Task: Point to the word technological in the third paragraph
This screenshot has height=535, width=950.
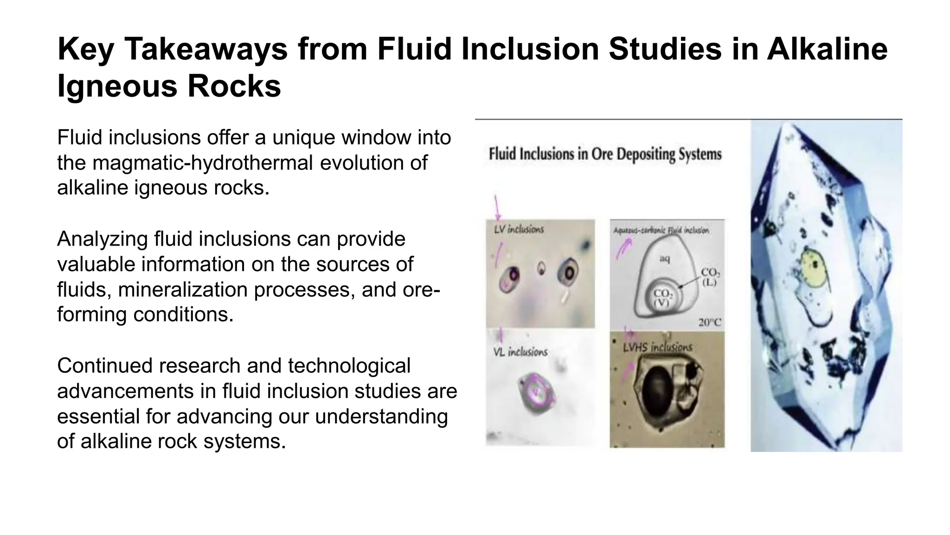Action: click(x=349, y=365)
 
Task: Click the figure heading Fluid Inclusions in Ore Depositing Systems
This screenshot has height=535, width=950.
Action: click(x=605, y=154)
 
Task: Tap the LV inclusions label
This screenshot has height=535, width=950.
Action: click(x=519, y=229)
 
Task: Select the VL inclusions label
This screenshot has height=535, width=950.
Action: click(x=520, y=352)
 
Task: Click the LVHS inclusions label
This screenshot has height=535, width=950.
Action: click(x=657, y=347)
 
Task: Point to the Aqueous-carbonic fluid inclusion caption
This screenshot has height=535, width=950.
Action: click(x=661, y=230)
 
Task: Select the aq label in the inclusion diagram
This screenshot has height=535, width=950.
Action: click(x=665, y=259)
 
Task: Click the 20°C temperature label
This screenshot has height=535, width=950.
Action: click(x=710, y=322)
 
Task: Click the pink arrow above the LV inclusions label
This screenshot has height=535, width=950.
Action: click(x=497, y=208)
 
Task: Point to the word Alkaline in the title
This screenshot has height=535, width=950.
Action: click(x=827, y=49)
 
